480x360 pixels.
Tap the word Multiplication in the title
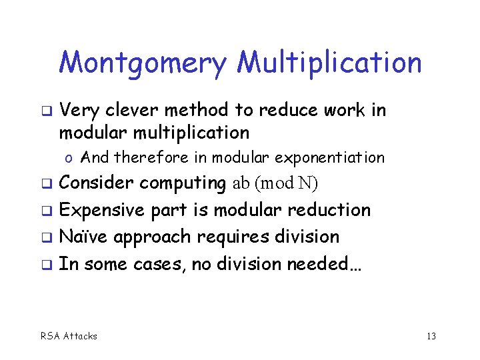coord(330,64)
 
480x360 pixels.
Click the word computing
coord(183,183)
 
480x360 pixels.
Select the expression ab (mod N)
coord(275,183)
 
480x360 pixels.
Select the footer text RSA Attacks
coord(68,336)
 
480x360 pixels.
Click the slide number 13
coord(431,336)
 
